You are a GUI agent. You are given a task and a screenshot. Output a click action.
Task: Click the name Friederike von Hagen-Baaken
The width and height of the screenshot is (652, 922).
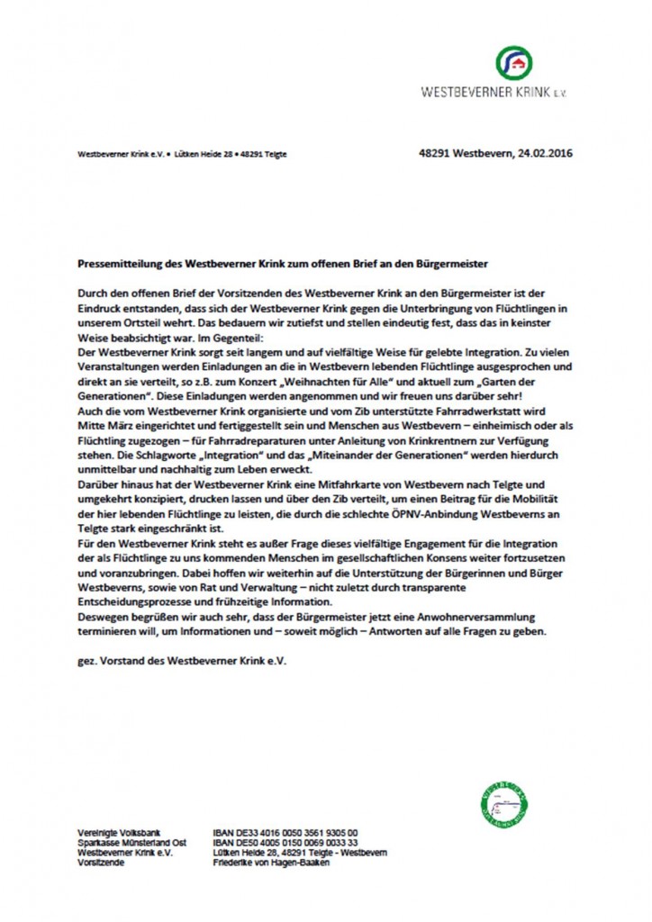[x=271, y=861]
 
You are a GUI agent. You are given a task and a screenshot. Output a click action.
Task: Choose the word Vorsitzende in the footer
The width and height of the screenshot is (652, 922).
[x=99, y=861]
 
